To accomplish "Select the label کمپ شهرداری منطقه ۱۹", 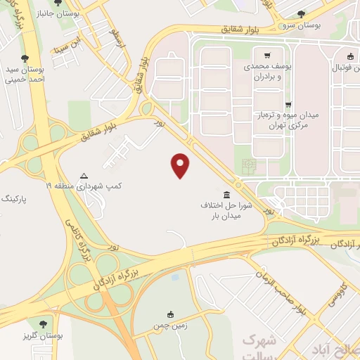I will pos(85,186).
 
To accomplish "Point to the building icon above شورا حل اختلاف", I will pos(226,194).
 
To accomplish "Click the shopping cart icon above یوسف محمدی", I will pos(266,56).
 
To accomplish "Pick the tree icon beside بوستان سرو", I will pos(301,13).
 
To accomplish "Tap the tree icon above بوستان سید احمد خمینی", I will pos(26,58).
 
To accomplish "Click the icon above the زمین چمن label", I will pos(170,314).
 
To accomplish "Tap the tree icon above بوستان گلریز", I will pos(44,324).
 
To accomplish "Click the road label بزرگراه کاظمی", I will pos(79,239).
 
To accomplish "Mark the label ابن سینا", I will pos(66,49).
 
